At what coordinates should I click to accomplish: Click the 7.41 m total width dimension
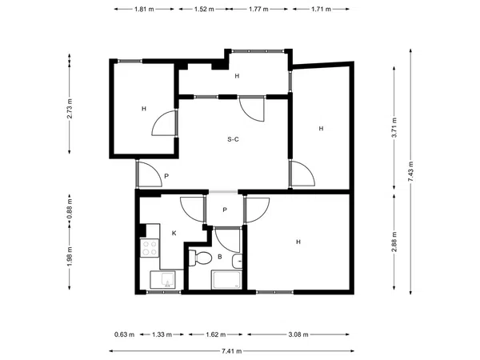pyautogui.click(x=232, y=351)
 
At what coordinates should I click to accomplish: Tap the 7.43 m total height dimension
pyautogui.click(x=411, y=171)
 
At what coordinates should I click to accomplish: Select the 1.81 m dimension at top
pyautogui.click(x=144, y=9)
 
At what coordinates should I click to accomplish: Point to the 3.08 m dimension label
pyautogui.click(x=298, y=334)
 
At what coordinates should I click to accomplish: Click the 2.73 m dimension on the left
pyautogui.click(x=70, y=108)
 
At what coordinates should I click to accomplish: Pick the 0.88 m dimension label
pyautogui.click(x=70, y=209)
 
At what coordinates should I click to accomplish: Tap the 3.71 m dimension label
pyautogui.click(x=394, y=127)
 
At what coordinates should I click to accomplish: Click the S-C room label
pyautogui.click(x=233, y=139)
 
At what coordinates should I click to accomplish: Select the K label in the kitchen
pyautogui.click(x=174, y=234)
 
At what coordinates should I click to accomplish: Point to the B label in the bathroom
pyautogui.click(x=219, y=257)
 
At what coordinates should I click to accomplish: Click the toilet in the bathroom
pyautogui.click(x=200, y=258)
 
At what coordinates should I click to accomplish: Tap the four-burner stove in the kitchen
pyautogui.click(x=150, y=248)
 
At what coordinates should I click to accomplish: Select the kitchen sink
pyautogui.click(x=163, y=280)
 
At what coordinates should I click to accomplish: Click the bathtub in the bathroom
pyautogui.click(x=226, y=279)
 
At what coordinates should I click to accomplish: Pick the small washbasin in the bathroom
pyautogui.click(x=238, y=261)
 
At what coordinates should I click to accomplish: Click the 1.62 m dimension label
pyautogui.click(x=215, y=334)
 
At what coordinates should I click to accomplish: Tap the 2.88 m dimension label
pyautogui.click(x=394, y=242)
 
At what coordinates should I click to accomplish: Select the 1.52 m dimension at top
pyautogui.click(x=204, y=9)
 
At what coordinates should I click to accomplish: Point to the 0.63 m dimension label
pyautogui.click(x=124, y=334)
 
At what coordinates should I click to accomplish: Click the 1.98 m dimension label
pyautogui.click(x=70, y=257)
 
